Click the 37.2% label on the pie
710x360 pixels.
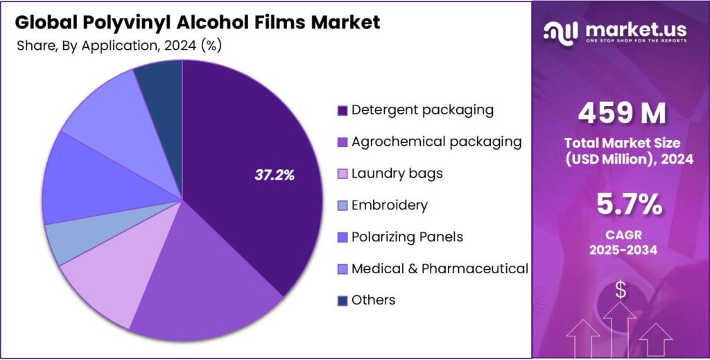click(x=275, y=175)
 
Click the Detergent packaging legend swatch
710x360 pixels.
click(x=342, y=110)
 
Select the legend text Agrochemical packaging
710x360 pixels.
click(x=436, y=142)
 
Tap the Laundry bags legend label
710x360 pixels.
click(x=397, y=173)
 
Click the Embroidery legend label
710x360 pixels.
click(x=389, y=205)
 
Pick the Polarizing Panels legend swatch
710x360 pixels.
click(x=342, y=237)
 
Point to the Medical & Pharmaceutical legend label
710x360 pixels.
click(x=440, y=268)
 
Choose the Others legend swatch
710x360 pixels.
click(x=342, y=300)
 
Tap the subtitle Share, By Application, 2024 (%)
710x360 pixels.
click(x=119, y=45)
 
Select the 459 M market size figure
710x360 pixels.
click(x=621, y=112)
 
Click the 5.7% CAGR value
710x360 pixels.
click(x=621, y=205)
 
